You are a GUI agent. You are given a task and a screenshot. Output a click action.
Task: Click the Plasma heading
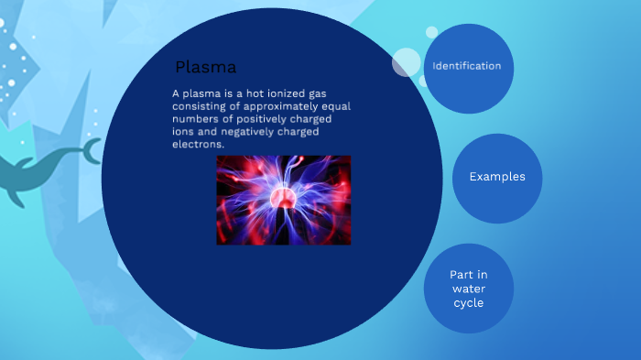(206, 67)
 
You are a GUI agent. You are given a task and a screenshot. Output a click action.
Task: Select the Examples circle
(497, 177)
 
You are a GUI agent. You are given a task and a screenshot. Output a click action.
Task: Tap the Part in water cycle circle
(468, 289)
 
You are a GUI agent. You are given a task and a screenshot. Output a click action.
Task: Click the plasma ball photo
(284, 200)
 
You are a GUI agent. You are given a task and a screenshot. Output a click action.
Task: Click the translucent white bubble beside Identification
(407, 62)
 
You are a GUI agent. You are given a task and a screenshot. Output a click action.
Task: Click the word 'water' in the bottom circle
(468, 289)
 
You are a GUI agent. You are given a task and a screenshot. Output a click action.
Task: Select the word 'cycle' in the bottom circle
(468, 302)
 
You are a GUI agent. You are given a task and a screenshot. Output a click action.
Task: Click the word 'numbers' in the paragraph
(193, 119)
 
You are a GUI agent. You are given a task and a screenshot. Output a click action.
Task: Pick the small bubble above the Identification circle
(431, 32)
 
